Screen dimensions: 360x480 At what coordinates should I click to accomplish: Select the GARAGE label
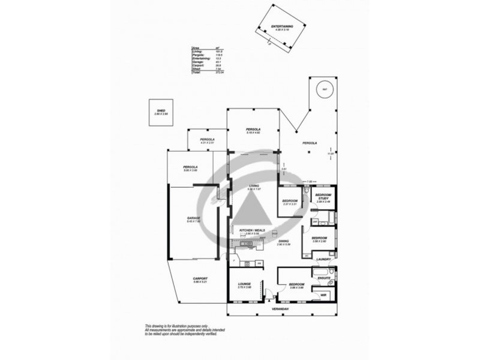[x=193, y=218]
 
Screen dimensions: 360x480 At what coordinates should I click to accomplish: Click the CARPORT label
[x=200, y=278]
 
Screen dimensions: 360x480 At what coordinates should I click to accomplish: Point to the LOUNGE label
[x=244, y=284]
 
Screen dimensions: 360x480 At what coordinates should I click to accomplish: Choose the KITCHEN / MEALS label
[x=251, y=230]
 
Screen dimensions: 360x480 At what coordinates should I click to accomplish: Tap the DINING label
[x=284, y=241]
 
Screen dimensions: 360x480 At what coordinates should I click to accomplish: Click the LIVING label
[x=255, y=187]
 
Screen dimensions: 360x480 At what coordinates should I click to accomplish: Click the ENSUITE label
[x=324, y=278]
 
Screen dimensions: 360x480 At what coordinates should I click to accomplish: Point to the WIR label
[x=323, y=296]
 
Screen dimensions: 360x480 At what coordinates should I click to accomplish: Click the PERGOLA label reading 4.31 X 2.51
[x=207, y=140]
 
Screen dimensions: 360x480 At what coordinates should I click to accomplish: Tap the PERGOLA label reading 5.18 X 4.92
[x=253, y=130]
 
